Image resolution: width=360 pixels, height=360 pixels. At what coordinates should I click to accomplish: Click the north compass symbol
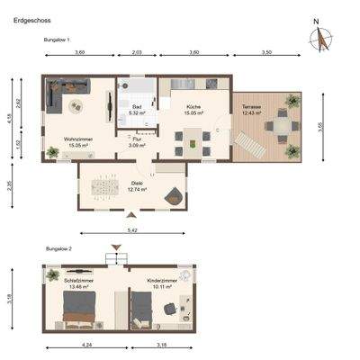[319, 39]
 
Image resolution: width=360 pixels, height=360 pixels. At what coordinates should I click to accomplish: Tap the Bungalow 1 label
[57, 40]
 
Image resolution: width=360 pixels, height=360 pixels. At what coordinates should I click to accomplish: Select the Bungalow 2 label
[58, 247]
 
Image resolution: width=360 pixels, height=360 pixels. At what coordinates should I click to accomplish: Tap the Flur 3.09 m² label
[137, 142]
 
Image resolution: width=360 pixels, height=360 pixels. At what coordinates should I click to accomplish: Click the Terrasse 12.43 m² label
[251, 111]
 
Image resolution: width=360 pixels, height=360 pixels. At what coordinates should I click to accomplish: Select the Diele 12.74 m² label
[136, 188]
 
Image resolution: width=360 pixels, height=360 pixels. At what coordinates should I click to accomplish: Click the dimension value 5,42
[133, 231]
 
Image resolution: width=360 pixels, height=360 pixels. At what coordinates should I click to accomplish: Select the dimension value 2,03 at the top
[137, 54]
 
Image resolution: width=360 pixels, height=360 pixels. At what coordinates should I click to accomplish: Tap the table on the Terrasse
[283, 128]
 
